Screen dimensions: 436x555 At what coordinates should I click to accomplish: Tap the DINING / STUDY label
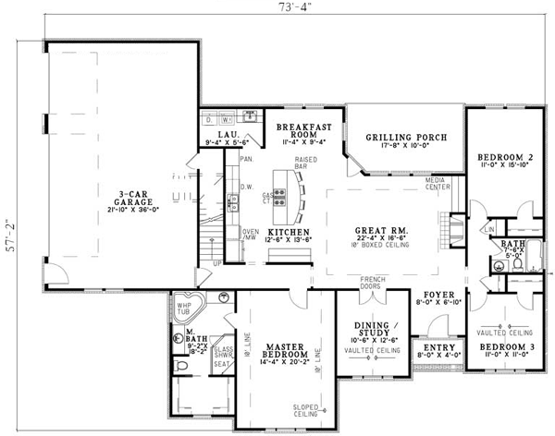(x=376, y=330)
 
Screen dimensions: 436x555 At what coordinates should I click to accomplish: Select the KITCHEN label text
(x=283, y=230)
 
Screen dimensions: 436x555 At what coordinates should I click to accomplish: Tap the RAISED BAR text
(x=307, y=163)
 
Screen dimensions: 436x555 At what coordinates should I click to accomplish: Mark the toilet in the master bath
(x=183, y=367)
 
